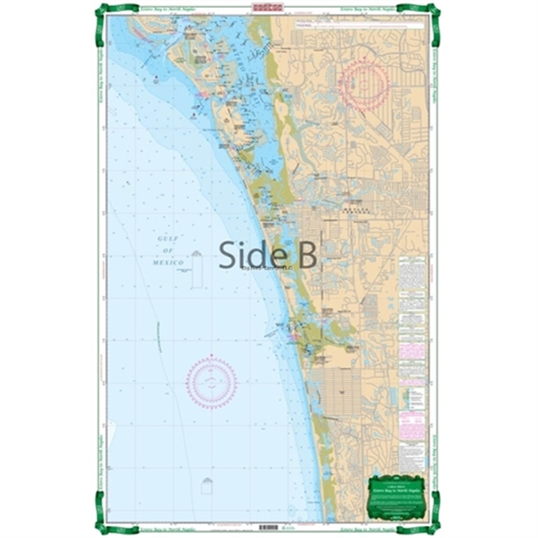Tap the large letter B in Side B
click(x=306, y=254)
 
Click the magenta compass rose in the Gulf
click(x=211, y=381)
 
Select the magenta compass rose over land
click(x=365, y=85)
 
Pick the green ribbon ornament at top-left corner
click(x=104, y=12)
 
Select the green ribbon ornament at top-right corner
click(x=432, y=12)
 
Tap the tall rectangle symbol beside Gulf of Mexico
click(x=197, y=269)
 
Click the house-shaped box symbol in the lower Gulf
click(x=207, y=486)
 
